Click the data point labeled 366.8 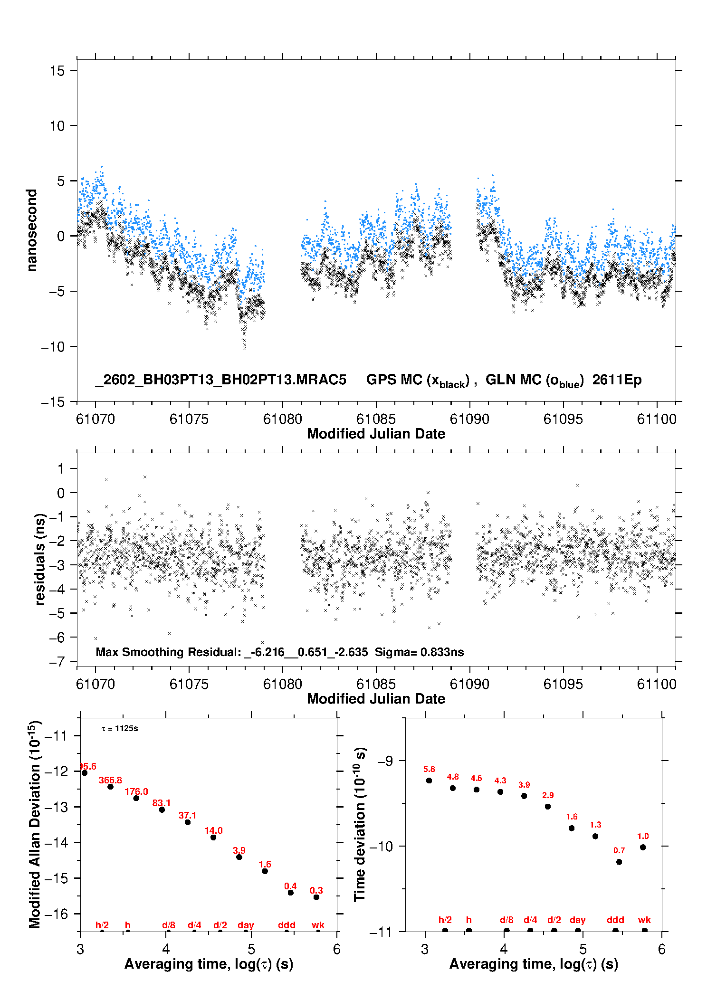coord(110,787)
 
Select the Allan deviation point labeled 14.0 coord(213,837)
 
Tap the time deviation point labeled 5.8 coord(429,781)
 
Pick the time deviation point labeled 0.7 coord(619,862)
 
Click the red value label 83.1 coord(162,803)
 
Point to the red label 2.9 coord(548,795)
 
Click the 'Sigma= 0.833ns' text coord(419,652)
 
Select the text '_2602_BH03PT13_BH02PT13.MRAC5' coord(220,380)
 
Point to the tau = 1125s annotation coord(120,729)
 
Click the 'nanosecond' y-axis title coord(32,230)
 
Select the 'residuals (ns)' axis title coord(40,559)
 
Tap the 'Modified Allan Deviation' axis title coord(35,824)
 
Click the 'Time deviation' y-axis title coord(360,824)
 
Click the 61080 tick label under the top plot coord(282,419)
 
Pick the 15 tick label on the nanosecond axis coord(57,71)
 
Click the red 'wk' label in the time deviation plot coord(644,920)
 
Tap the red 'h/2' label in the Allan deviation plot coord(102,925)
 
